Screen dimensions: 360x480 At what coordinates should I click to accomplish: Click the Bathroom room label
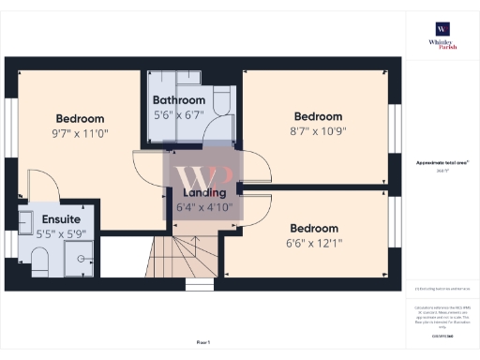coord(179,100)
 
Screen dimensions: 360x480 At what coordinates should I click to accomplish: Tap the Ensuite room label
coord(36,218)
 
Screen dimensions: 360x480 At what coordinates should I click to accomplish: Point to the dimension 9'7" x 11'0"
coord(80,134)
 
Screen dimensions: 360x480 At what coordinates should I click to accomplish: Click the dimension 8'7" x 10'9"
coord(315,131)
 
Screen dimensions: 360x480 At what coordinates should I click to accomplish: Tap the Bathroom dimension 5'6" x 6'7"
coord(179,115)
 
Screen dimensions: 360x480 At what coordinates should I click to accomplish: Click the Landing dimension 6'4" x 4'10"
coord(204,207)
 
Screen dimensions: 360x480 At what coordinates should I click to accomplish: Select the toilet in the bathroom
coord(224,100)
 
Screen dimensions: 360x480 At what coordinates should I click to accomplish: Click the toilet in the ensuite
coord(37,268)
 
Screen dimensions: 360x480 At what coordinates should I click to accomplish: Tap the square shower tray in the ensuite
coord(82,252)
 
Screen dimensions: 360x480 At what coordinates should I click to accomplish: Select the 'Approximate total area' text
coord(441,162)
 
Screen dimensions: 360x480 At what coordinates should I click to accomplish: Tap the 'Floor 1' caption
coord(203,342)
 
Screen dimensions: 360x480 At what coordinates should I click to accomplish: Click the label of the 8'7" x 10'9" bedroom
coord(315,116)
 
